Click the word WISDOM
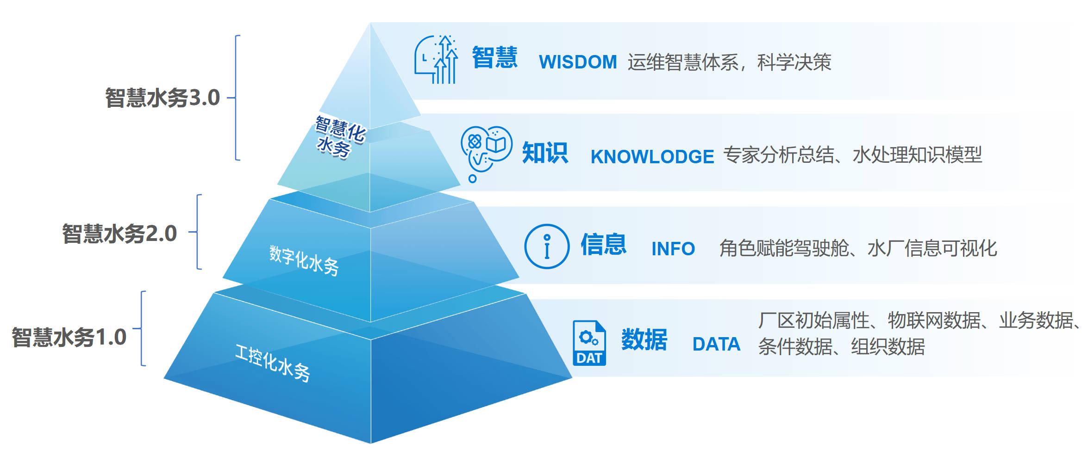pos(578,62)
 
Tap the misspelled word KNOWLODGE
pos(652,157)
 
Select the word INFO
pos(673,249)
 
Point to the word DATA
pos(716,344)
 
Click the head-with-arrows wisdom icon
pos(436,60)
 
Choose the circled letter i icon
pos(546,246)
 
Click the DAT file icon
pos(589,343)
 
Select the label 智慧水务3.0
pos(162,98)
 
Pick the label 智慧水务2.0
pos(119,234)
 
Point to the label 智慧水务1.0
pos(69,337)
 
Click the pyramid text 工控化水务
pos(272,363)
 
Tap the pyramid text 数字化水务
pos(304,260)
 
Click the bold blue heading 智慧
pos(494,58)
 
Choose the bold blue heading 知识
pos(545,153)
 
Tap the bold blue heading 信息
pos(603,245)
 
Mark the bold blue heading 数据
pos(644,340)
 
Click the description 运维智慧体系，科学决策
pos(729,62)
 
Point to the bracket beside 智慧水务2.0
pos(198,232)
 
